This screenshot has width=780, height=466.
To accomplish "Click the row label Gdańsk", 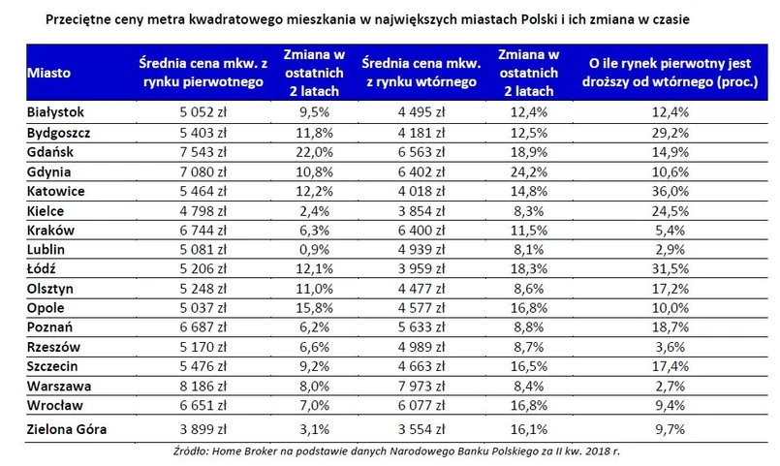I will [x=50, y=152].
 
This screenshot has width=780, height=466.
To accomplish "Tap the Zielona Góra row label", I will [x=65, y=426].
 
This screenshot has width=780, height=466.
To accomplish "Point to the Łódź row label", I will [x=44, y=268].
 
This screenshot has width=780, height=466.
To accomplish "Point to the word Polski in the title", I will [x=576, y=18].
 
